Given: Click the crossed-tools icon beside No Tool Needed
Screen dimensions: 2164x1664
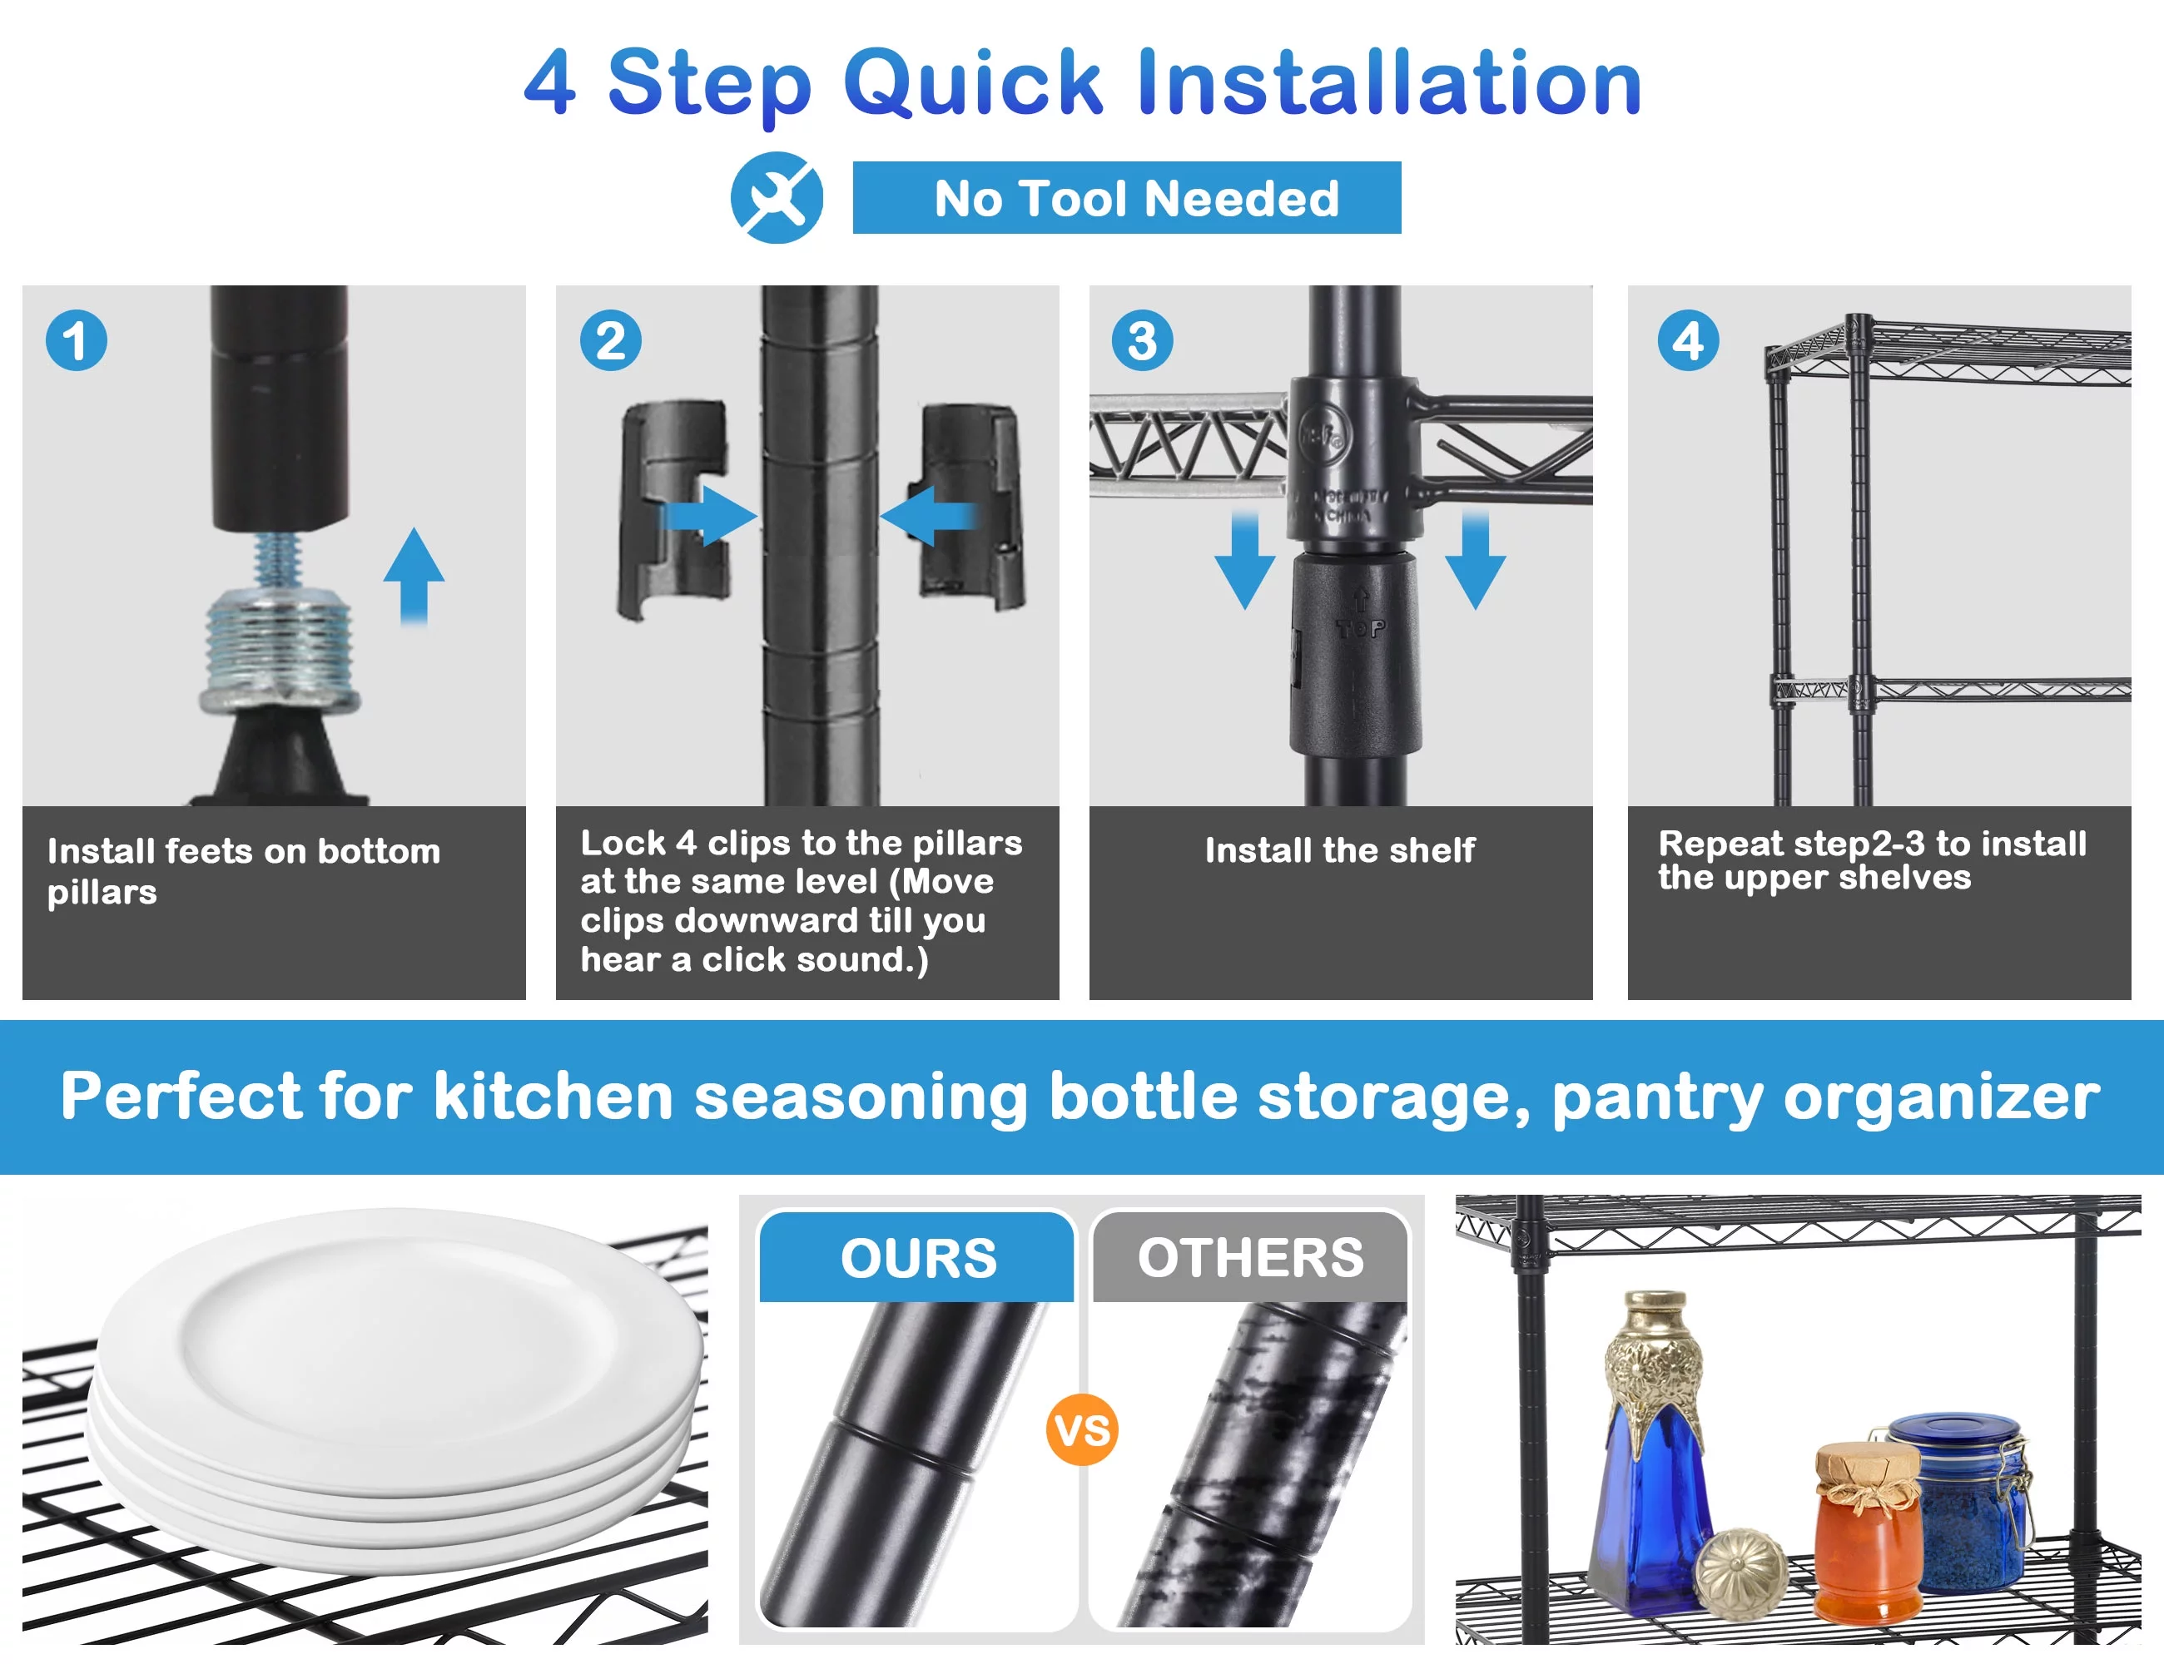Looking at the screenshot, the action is (777, 197).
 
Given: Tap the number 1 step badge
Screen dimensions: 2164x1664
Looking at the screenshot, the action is (77, 341).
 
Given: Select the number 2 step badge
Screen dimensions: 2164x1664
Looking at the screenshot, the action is (610, 341).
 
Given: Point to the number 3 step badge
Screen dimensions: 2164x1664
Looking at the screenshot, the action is (1143, 341).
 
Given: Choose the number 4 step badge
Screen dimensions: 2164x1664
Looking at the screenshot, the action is (1689, 341).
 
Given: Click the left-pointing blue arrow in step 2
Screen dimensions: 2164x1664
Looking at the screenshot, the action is (928, 516).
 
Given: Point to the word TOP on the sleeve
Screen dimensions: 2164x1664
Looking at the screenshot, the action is (1362, 628).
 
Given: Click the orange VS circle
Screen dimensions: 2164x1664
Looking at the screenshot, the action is (1082, 1430).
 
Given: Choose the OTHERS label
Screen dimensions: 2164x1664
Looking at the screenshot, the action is (1250, 1258).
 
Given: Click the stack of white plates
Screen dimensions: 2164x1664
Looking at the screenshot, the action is (396, 1387).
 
